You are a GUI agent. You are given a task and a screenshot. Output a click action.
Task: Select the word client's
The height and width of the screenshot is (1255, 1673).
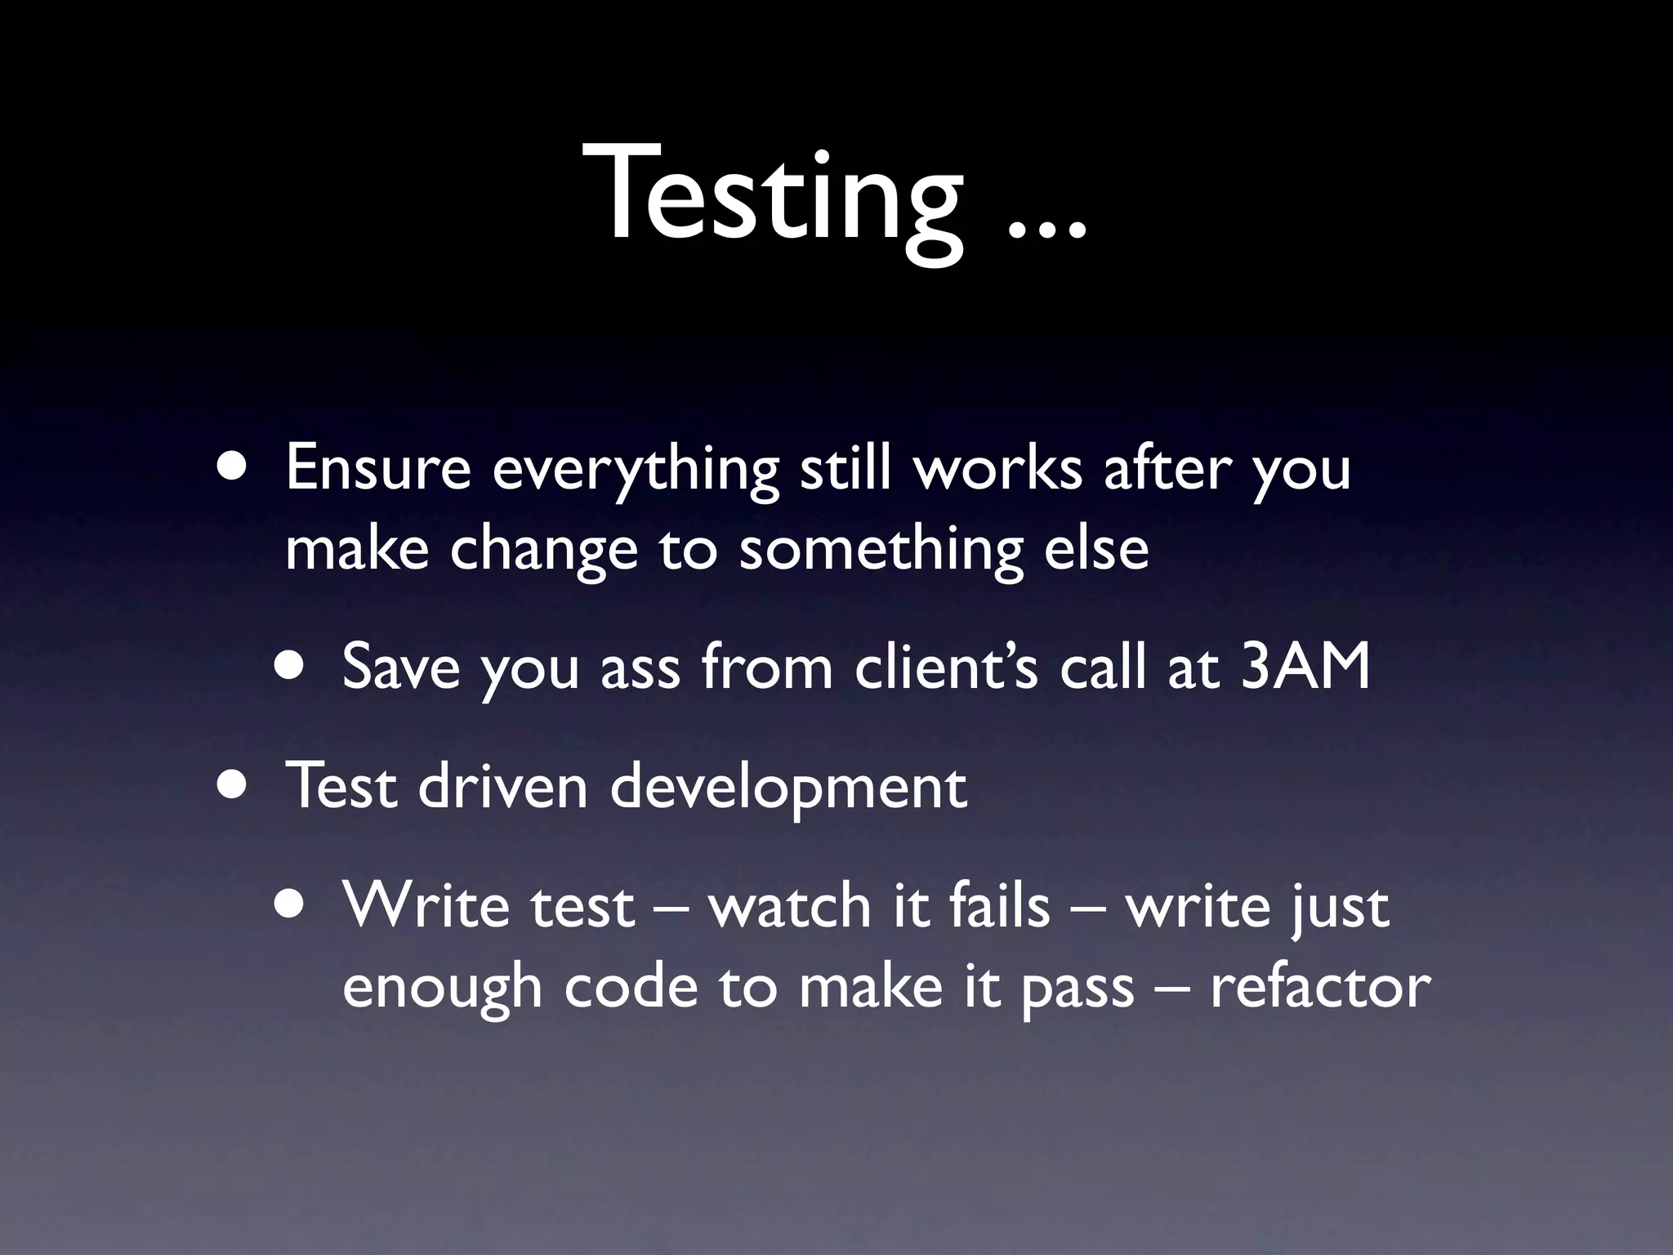click(x=946, y=666)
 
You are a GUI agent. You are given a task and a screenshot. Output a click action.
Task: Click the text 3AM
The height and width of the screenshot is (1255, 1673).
click(x=1305, y=666)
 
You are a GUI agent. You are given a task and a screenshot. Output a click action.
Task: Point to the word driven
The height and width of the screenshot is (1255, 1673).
click(x=502, y=786)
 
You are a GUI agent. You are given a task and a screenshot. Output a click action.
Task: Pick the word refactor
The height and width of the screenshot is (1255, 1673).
click(x=1320, y=987)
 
